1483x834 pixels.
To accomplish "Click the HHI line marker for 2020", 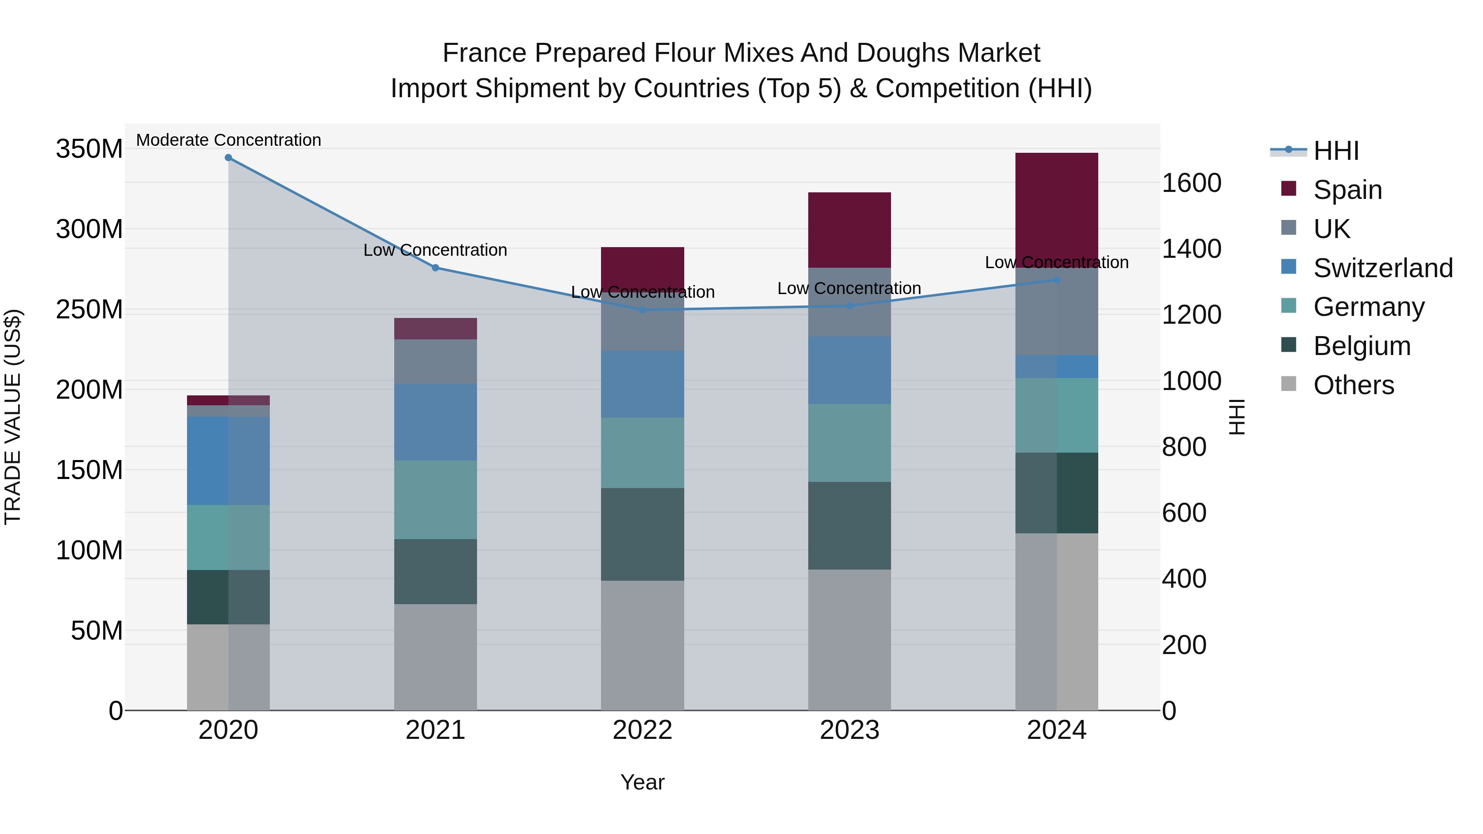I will click(x=229, y=158).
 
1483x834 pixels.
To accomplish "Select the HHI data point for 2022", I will click(x=643, y=310).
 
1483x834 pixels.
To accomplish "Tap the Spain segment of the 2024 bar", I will click(x=1056, y=207).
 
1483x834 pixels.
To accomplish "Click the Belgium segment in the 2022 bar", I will click(x=643, y=534).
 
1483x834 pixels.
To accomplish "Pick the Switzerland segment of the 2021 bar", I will click(x=435, y=422).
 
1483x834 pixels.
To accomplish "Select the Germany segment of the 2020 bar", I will click(x=229, y=537).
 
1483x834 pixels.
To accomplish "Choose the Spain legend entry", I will click(x=1347, y=190).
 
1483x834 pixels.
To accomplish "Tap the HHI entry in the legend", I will click(x=1336, y=151).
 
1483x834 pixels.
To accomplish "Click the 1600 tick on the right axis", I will click(x=1191, y=183).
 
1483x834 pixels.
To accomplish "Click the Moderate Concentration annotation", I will click(x=229, y=140).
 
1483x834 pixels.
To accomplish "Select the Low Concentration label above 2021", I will click(x=435, y=250).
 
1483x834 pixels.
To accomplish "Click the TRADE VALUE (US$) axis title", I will click(x=13, y=417).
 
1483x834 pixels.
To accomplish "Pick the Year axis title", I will click(x=643, y=782).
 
